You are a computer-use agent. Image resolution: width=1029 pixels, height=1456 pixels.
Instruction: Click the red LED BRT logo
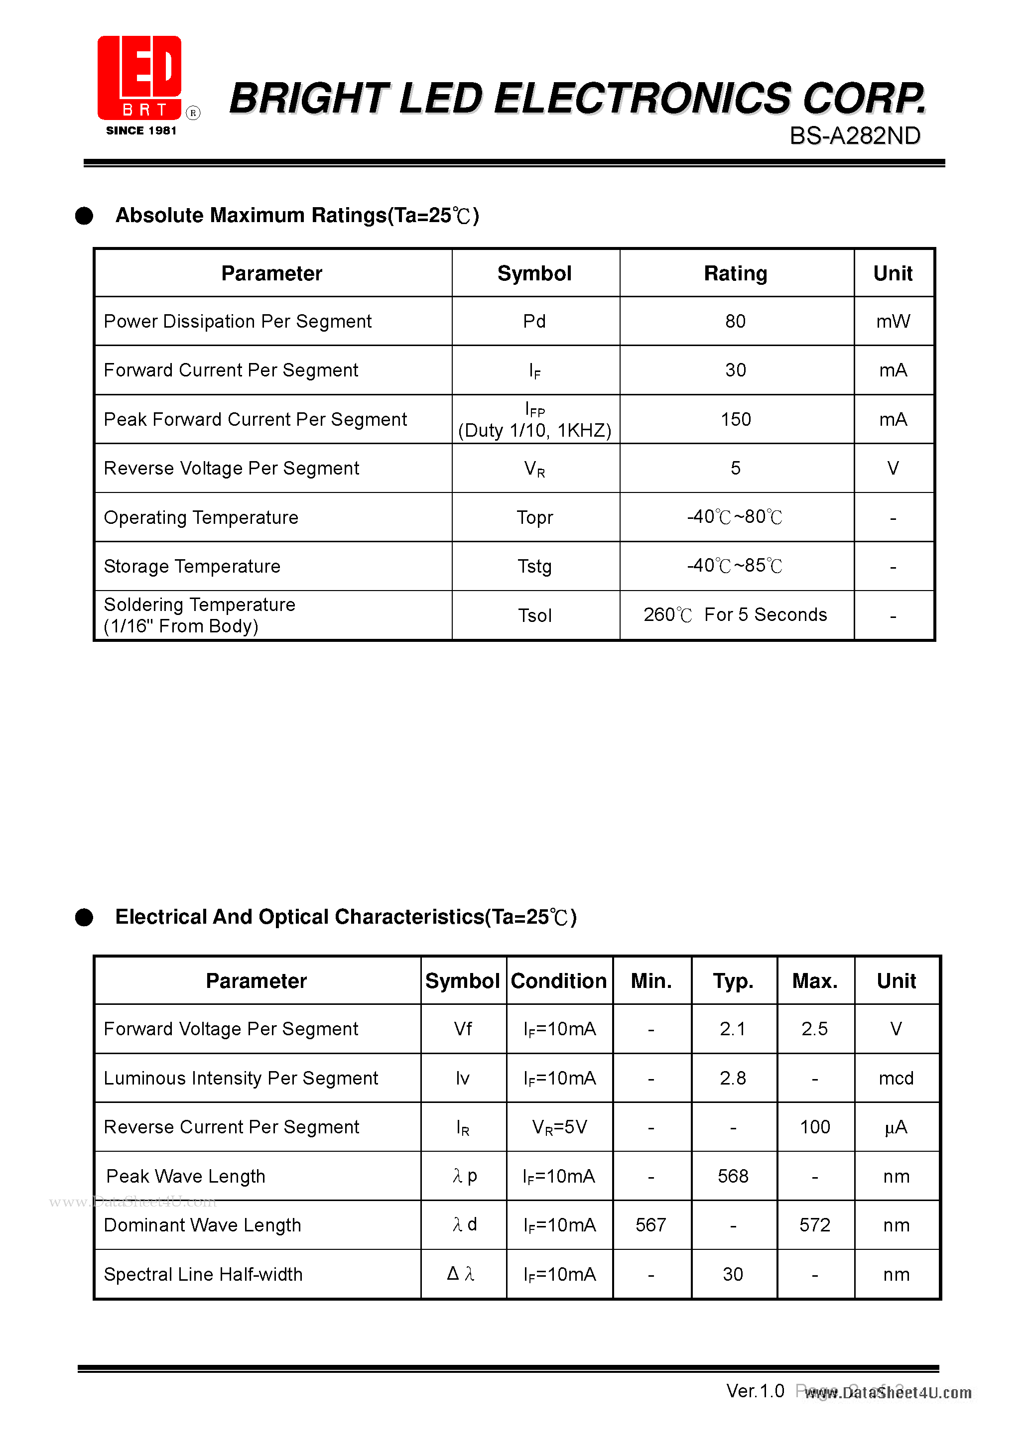(x=140, y=78)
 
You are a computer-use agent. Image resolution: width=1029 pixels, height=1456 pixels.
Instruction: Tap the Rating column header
(x=735, y=273)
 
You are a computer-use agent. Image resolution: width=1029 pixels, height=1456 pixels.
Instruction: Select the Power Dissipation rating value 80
(x=735, y=322)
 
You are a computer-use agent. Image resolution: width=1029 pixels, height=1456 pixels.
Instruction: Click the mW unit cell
(x=893, y=322)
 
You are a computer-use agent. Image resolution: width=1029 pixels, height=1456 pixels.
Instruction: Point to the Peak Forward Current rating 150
(x=735, y=419)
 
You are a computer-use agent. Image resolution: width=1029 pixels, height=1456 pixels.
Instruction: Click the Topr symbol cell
(x=534, y=517)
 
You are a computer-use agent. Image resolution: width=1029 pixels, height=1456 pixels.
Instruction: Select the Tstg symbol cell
(x=534, y=566)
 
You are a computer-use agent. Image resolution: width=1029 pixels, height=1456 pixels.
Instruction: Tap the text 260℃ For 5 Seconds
(x=735, y=614)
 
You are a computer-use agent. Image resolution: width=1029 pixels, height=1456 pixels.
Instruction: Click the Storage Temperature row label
(x=192, y=566)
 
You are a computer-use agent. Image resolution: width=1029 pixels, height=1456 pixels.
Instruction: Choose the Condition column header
(x=558, y=981)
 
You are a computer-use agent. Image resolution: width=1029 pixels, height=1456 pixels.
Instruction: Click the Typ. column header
(x=733, y=981)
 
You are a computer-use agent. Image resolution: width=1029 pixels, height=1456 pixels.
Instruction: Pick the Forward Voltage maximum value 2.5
(x=814, y=1029)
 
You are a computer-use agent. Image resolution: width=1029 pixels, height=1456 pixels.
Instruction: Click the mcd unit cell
(x=896, y=1078)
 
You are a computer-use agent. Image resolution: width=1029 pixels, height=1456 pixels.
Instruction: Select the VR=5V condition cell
(x=559, y=1127)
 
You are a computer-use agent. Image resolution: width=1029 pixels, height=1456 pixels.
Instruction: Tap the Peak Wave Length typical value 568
(x=733, y=1176)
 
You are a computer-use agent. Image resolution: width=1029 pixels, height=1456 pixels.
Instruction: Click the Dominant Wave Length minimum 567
(x=651, y=1224)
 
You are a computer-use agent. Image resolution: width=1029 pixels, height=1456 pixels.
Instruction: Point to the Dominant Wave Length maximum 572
(x=814, y=1224)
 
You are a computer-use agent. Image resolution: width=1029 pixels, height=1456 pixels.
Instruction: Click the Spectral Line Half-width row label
(x=203, y=1274)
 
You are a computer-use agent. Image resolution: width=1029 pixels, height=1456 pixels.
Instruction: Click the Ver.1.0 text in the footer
(x=755, y=1391)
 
